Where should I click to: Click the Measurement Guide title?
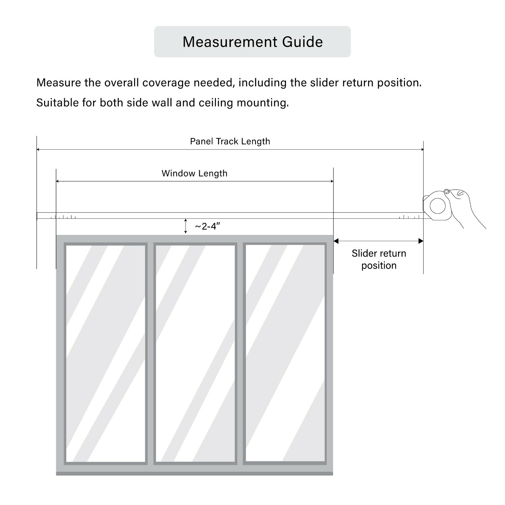click(252, 42)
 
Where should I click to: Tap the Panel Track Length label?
click(230, 141)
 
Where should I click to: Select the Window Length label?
click(194, 173)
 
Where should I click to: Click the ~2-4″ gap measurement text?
click(207, 226)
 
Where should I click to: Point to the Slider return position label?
click(379, 259)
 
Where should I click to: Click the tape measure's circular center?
click(438, 206)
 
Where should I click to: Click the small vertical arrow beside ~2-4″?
click(186, 226)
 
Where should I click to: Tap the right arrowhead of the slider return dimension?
click(421, 241)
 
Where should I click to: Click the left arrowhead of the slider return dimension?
click(336, 241)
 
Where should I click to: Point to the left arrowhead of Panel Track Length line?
click(38, 149)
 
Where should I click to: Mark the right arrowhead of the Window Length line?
click(332, 181)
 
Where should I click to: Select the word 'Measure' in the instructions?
click(59, 83)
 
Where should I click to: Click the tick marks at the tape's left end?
click(65, 217)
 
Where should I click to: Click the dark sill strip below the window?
click(194, 473)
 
